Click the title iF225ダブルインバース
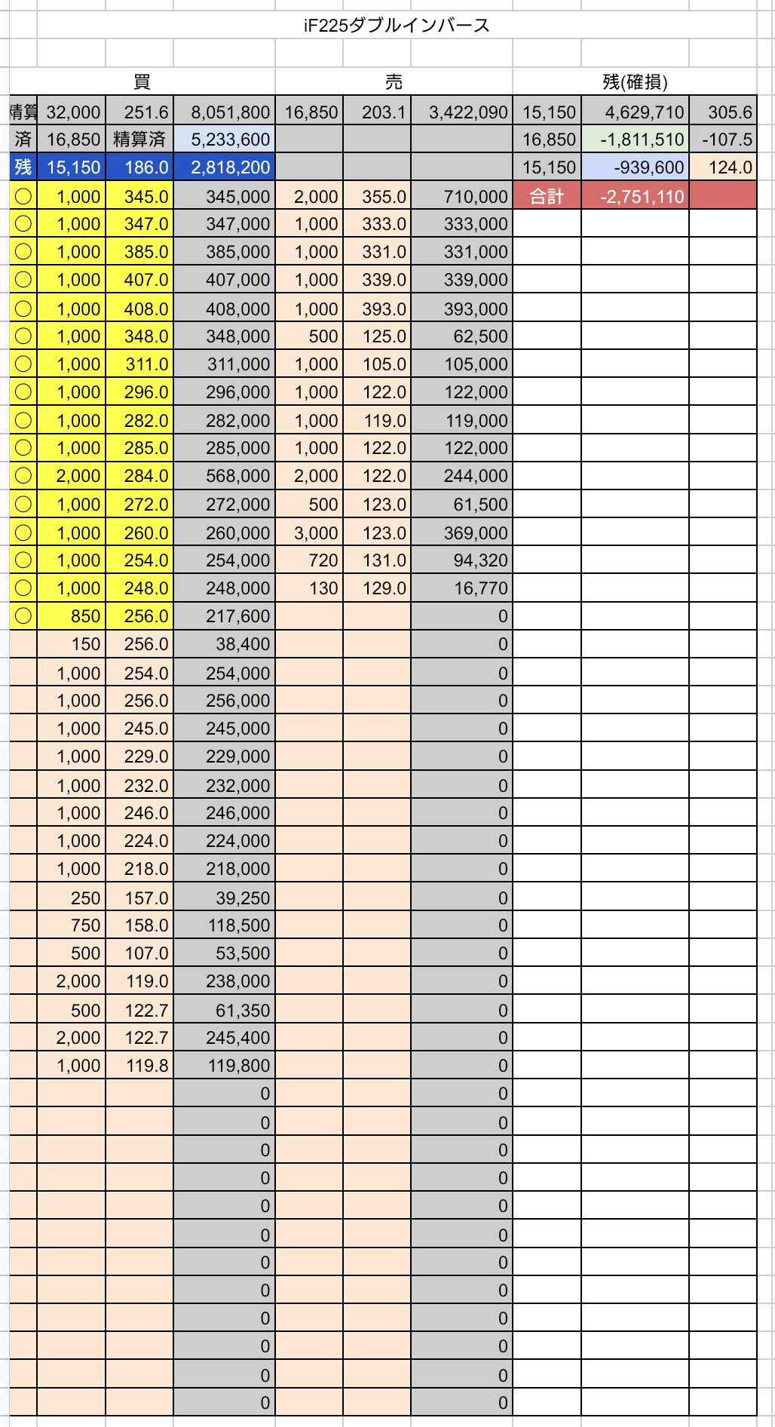tap(397, 26)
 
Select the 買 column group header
tap(141, 81)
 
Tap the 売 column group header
tap(394, 81)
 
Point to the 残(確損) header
tap(635, 81)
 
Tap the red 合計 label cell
tap(547, 197)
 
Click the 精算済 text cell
tap(139, 140)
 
